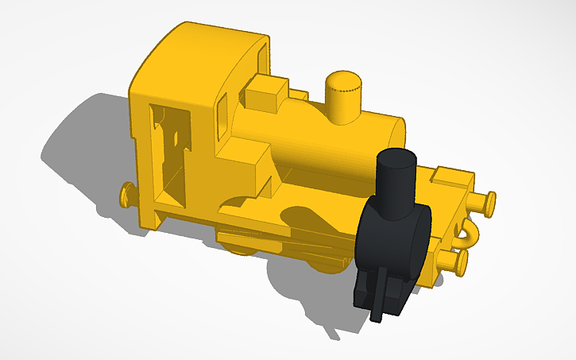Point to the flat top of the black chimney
[x=396, y=157]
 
